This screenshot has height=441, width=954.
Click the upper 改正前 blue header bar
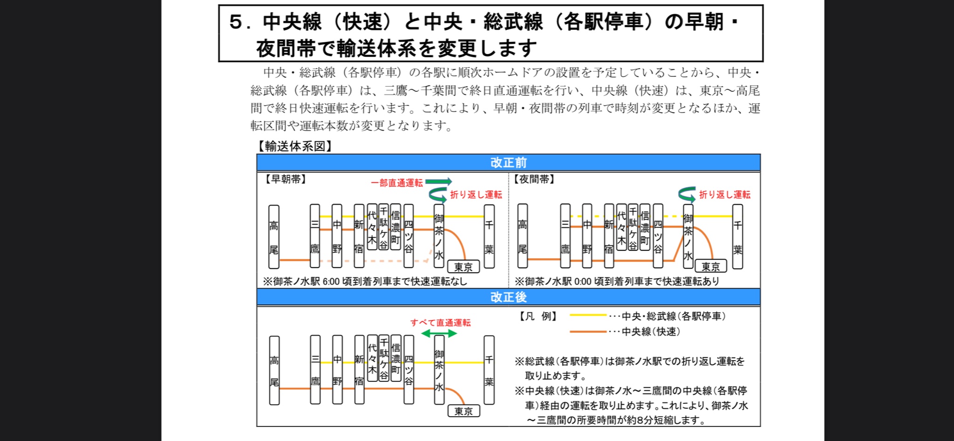point(508,163)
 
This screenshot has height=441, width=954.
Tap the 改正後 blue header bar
point(508,297)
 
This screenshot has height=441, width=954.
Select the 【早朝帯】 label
point(285,179)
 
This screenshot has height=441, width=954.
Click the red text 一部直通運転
point(397,183)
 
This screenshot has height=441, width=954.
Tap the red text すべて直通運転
point(440,323)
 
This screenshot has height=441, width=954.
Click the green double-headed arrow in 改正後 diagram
point(439,333)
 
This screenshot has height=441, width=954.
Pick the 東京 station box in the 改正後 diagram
point(463,411)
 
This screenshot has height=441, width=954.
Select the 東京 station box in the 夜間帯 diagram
point(711,267)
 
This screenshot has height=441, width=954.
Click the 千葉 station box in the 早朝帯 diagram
point(489,236)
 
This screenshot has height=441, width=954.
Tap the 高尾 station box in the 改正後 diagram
point(274,370)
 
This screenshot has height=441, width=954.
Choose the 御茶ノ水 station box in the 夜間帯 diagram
point(688,236)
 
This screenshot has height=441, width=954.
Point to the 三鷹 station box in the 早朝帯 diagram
point(315,236)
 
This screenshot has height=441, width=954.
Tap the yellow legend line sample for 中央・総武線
point(588,316)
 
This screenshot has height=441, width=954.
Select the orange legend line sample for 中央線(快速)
point(588,331)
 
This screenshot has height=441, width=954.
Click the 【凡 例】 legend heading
point(538,317)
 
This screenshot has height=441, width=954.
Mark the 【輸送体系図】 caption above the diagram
point(294,146)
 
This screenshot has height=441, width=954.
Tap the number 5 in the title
point(236,22)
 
